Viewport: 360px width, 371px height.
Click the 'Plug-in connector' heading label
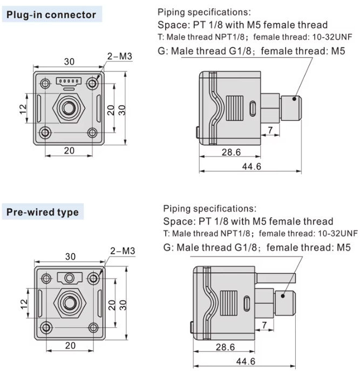coord(51,15)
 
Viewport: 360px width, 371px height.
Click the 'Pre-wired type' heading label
coord(43,212)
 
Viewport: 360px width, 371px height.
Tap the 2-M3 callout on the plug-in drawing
coord(120,56)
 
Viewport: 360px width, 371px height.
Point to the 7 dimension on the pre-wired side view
coord(264,324)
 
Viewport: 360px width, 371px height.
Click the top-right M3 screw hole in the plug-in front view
coord(94,83)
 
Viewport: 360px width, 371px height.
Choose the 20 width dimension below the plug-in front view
coord(69,151)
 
